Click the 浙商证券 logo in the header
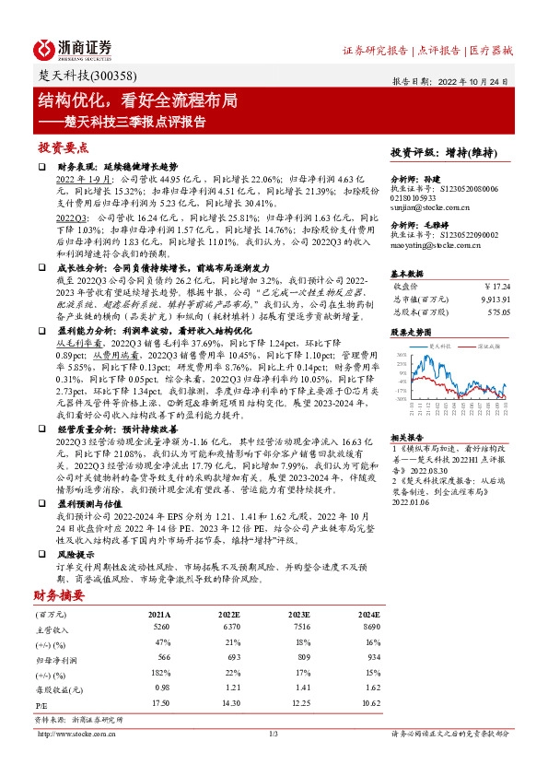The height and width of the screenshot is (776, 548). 73,49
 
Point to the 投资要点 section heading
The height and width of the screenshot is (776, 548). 63,147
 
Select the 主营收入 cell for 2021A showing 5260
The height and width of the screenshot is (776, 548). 160,627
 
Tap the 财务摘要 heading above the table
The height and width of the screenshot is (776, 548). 63,596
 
